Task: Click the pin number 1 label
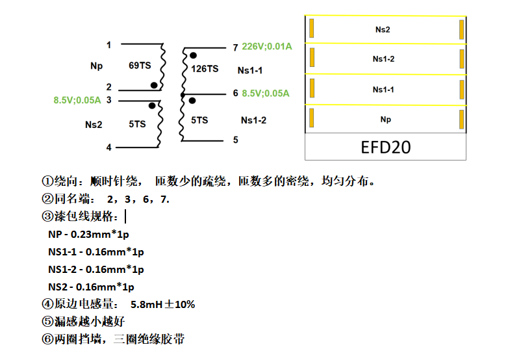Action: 108,45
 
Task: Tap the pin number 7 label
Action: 235,47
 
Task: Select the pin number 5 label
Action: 235,140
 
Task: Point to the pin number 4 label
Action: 108,148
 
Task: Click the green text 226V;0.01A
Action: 266,47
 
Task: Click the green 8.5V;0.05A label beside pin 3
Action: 77,100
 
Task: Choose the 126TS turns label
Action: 205,68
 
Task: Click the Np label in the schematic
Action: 97,66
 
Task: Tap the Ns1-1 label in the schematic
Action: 252,70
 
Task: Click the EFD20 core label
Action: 385,147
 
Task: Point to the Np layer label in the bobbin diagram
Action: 385,120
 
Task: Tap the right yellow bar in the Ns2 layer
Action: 461,29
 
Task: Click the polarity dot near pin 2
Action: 154,84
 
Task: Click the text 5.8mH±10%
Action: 162,304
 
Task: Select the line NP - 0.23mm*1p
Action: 89,234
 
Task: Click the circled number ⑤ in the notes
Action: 46,322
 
